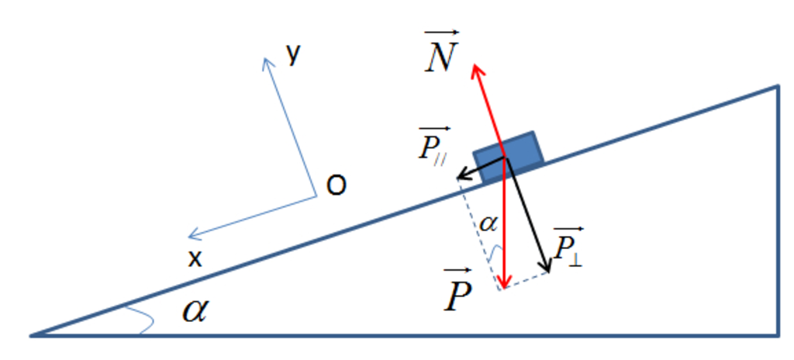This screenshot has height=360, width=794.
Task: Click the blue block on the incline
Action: point(509,156)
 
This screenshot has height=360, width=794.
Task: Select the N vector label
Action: point(441,52)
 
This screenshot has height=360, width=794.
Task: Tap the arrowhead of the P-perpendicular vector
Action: point(545,265)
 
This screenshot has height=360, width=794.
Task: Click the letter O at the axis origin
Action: point(337,186)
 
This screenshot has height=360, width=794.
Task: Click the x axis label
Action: point(195,259)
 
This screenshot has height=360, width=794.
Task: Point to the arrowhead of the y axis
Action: point(268,64)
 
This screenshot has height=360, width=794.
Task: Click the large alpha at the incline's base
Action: point(195,311)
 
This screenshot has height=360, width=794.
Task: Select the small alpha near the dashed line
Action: point(488,223)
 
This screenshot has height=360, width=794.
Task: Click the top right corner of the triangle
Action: point(777,87)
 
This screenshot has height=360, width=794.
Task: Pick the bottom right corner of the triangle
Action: point(777,335)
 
